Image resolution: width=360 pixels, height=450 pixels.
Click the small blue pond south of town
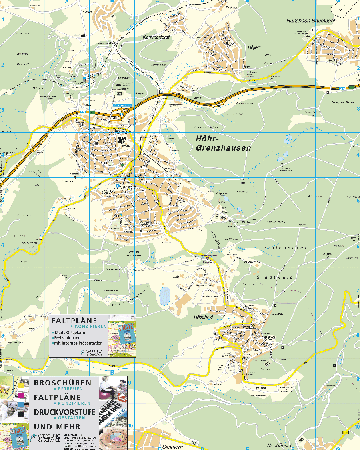pos(161,296)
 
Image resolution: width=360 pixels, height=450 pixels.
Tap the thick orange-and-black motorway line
pos(240,93)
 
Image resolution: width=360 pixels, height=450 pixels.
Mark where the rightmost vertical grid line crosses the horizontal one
pos(135,133)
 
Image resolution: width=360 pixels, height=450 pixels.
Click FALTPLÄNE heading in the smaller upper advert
pos(71,320)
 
